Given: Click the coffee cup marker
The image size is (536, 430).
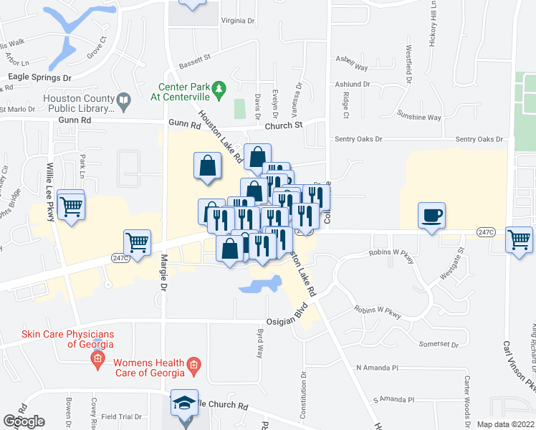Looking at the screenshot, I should pyautogui.click(x=432, y=215).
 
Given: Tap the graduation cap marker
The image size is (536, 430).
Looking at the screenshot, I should pyautogui.click(x=185, y=404).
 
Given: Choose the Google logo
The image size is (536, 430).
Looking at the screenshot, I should pyautogui.click(x=24, y=421).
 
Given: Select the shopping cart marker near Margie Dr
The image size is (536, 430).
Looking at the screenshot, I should pyautogui.click(x=137, y=242).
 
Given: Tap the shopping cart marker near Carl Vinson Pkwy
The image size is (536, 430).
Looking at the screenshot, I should pyautogui.click(x=519, y=240).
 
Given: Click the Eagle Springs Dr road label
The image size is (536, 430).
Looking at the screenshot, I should pyautogui.click(x=40, y=76).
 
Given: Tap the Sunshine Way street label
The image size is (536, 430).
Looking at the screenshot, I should pyautogui.click(x=420, y=117).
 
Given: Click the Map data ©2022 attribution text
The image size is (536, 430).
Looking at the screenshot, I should pyautogui.click(x=505, y=424).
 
